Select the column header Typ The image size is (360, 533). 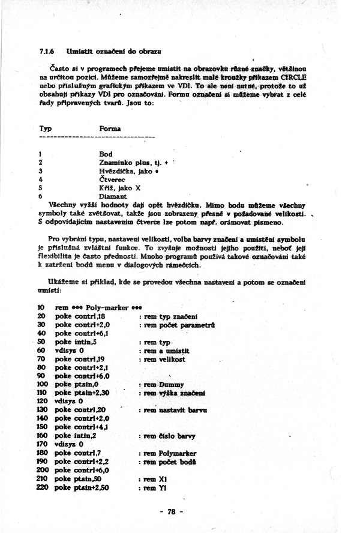coord(45,128)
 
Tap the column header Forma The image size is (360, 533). coord(110,128)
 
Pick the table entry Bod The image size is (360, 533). coord(105,154)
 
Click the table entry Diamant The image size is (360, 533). coord(112,196)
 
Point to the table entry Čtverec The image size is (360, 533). coord(112,179)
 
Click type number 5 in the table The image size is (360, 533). coord(40,188)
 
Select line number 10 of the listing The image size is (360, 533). coord(40,307)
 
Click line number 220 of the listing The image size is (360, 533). coord(42,488)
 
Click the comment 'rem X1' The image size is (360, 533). coord(155,480)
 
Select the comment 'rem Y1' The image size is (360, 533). coord(155,488)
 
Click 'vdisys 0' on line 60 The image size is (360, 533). coord(69,351)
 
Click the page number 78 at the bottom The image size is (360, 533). coord(171,512)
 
